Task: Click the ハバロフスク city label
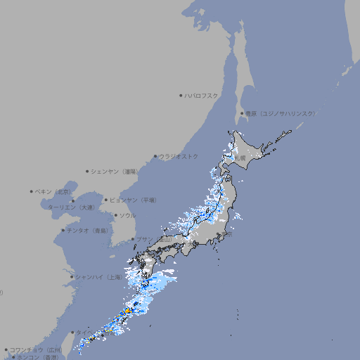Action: [x=202, y=96]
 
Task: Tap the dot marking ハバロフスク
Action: [x=181, y=96]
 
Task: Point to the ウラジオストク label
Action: [x=179, y=156]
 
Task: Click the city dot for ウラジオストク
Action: [x=155, y=157]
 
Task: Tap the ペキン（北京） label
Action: [x=53, y=191]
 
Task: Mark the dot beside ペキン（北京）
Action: [x=32, y=191]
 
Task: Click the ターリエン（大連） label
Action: [x=71, y=207]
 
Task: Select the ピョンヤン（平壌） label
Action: [x=133, y=200]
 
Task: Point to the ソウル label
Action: [x=127, y=215]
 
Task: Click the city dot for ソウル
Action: [x=115, y=215]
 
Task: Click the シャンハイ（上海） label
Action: [x=98, y=277]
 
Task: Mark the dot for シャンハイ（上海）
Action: [x=71, y=277]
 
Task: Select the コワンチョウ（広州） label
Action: [x=35, y=349]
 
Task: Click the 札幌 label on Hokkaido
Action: [x=240, y=158]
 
